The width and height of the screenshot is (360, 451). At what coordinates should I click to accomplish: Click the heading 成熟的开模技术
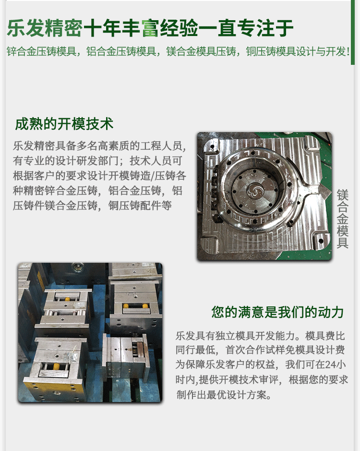point(64,124)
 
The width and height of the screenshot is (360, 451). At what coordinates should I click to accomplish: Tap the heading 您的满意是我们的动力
point(278,312)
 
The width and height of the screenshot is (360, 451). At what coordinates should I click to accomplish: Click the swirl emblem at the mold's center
point(255,193)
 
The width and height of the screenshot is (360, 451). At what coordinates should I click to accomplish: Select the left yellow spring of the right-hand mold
point(126,306)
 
